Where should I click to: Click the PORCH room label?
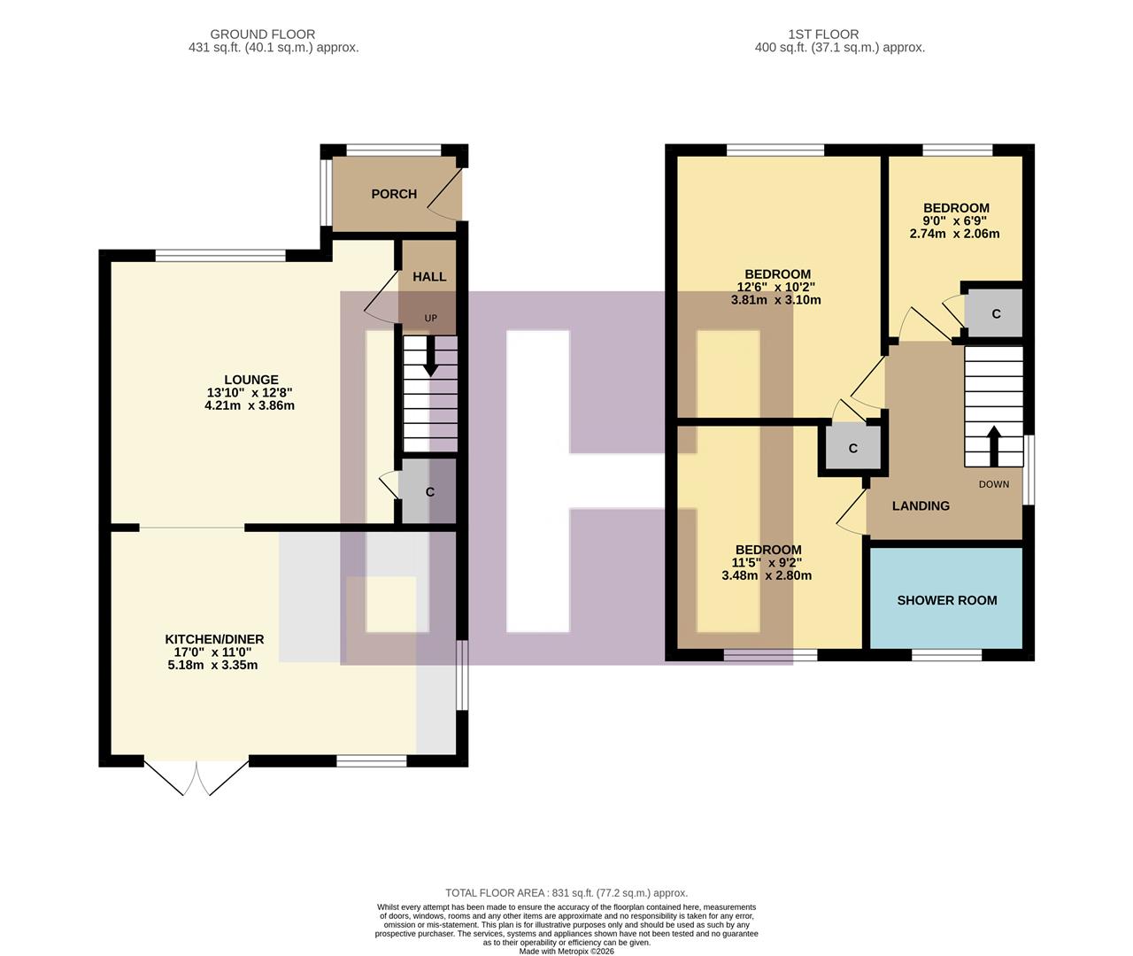(394, 194)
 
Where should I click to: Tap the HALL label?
(429, 277)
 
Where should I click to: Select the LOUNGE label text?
(250, 380)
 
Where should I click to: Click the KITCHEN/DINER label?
(214, 639)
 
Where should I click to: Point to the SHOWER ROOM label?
(947, 600)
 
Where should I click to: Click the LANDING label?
(921, 506)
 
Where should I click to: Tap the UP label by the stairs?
(430, 319)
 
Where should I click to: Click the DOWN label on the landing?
(993, 484)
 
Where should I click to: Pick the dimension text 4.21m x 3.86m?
(249, 406)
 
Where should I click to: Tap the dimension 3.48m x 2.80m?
(767, 575)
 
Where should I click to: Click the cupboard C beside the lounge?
(429, 491)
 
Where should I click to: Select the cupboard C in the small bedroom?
(995, 313)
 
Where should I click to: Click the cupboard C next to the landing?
(852, 449)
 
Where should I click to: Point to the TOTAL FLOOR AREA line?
(566, 893)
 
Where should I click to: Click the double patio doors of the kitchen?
(197, 777)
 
